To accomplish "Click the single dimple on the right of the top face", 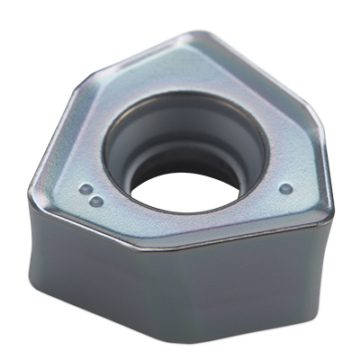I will (285, 188).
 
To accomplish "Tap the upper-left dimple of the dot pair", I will (84, 190).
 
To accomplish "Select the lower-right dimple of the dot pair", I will (93, 198).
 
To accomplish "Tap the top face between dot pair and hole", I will (112, 180).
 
